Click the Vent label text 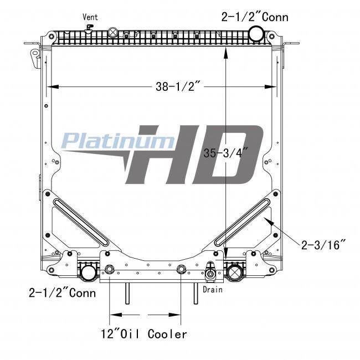[x=90, y=17]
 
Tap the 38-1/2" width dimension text [x=176, y=86]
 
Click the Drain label [x=213, y=290]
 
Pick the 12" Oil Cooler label [x=144, y=334]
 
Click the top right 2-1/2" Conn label [x=255, y=17]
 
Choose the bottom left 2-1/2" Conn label [x=62, y=293]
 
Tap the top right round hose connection [x=256, y=33]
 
